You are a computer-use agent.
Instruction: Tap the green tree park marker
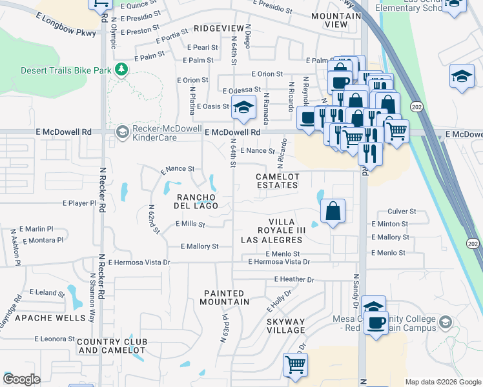[120, 69]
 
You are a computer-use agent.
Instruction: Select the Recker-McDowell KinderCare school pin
[121, 132]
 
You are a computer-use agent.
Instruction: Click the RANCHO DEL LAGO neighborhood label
[196, 201]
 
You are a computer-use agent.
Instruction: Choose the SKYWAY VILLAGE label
[286, 326]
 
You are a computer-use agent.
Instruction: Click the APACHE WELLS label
[50, 318]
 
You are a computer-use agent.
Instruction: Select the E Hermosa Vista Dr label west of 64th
[139, 263]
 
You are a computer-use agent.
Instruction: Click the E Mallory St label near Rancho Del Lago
[200, 246]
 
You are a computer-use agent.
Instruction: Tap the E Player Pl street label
[84, 203]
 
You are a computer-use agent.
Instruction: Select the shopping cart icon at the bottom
[295, 364]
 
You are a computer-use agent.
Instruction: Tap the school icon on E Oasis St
[243, 108]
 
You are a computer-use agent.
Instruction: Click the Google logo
[22, 379]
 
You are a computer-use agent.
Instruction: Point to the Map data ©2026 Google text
[443, 382]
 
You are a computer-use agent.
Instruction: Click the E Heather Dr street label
[294, 279]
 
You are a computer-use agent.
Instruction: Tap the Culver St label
[402, 211]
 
